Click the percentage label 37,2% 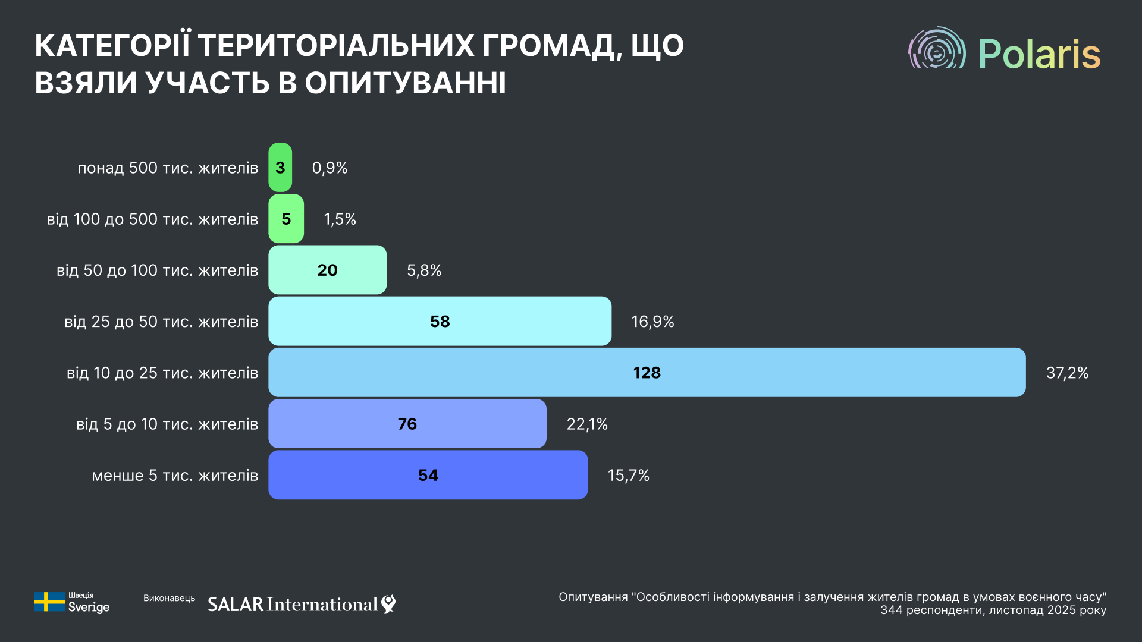click(1067, 373)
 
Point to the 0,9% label click(330, 168)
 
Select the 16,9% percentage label click(652, 322)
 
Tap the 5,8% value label click(424, 270)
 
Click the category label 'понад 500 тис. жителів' click(168, 168)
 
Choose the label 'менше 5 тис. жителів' click(175, 476)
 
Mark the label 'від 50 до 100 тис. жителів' click(157, 270)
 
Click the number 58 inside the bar click(440, 322)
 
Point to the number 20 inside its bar click(327, 270)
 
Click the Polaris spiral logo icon click(937, 49)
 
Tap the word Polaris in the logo click(1039, 54)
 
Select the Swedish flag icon click(49, 602)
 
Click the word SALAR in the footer click(236, 605)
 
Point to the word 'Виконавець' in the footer click(169, 598)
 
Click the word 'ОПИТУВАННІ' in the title click(406, 83)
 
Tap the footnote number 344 click(891, 610)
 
